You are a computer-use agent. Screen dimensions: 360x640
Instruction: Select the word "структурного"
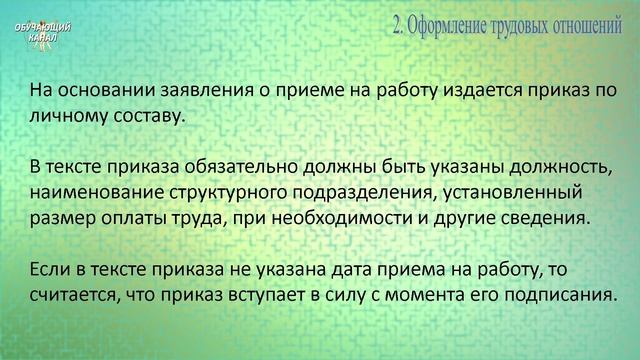coord(226,190)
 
